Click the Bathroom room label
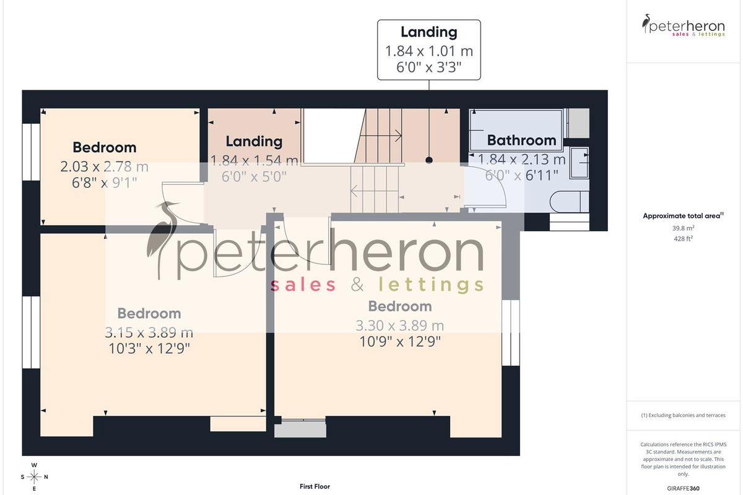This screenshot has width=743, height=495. pyautogui.click(x=521, y=140)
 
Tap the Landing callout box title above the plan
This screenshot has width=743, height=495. pyautogui.click(x=429, y=32)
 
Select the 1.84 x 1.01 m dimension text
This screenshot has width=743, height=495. pyautogui.click(x=429, y=51)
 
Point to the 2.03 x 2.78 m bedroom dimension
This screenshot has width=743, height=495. pyautogui.click(x=104, y=166)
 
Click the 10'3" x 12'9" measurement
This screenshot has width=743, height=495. pyautogui.click(x=149, y=348)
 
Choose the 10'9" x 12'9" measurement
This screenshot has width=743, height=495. pyautogui.click(x=400, y=342)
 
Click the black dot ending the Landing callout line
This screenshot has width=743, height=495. pyautogui.click(x=429, y=160)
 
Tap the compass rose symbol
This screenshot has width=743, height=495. pyautogui.click(x=34, y=477)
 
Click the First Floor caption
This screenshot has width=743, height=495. pyautogui.click(x=315, y=486)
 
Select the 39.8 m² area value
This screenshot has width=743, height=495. pyautogui.click(x=683, y=228)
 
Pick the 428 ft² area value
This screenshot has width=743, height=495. pyautogui.click(x=683, y=238)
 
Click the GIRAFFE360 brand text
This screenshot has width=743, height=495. pyautogui.click(x=683, y=488)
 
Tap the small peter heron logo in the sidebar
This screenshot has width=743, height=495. pyautogui.click(x=684, y=25)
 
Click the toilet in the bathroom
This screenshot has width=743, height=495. pyautogui.click(x=569, y=202)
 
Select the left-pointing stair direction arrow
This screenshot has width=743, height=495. pyautogui.click(x=375, y=191)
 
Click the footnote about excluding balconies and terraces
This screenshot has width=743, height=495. pyautogui.click(x=683, y=415)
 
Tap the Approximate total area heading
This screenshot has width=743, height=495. pyautogui.click(x=683, y=216)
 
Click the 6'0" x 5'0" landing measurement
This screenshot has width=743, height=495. pyautogui.click(x=254, y=176)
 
